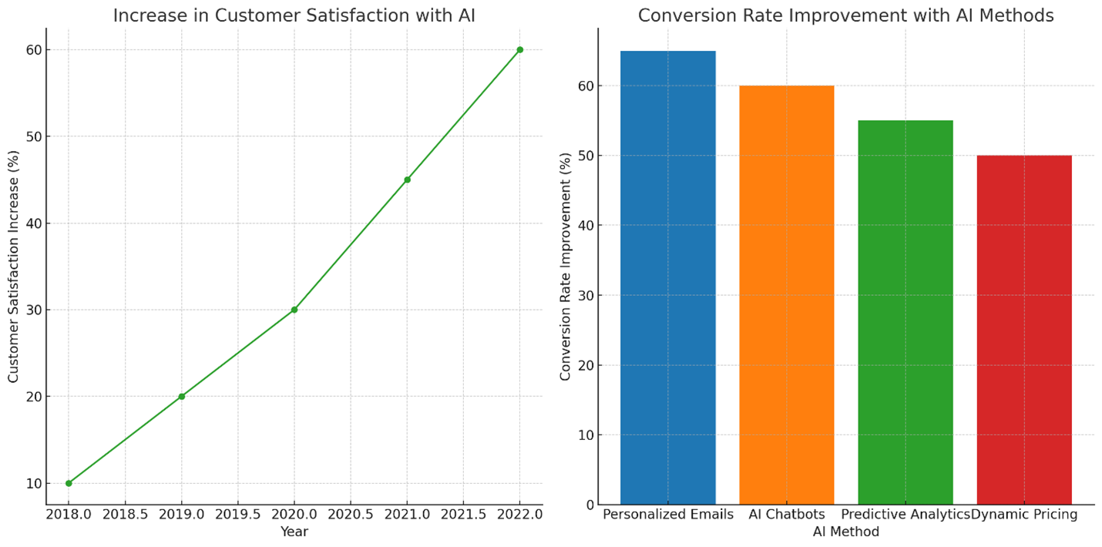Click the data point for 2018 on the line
click(69, 483)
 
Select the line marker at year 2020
click(294, 310)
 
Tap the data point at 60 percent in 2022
click(519, 49)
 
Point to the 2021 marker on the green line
click(407, 180)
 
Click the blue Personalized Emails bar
click(668, 277)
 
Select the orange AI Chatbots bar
click(787, 295)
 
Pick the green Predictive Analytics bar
click(905, 312)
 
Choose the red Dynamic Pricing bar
click(1024, 330)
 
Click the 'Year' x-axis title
click(294, 532)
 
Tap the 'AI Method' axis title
click(846, 532)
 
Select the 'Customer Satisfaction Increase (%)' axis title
click(14, 267)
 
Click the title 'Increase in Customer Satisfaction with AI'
click(294, 15)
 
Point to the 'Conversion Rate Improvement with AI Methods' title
click(846, 15)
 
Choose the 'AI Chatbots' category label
click(787, 515)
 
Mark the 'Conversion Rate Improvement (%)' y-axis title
click(566, 267)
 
